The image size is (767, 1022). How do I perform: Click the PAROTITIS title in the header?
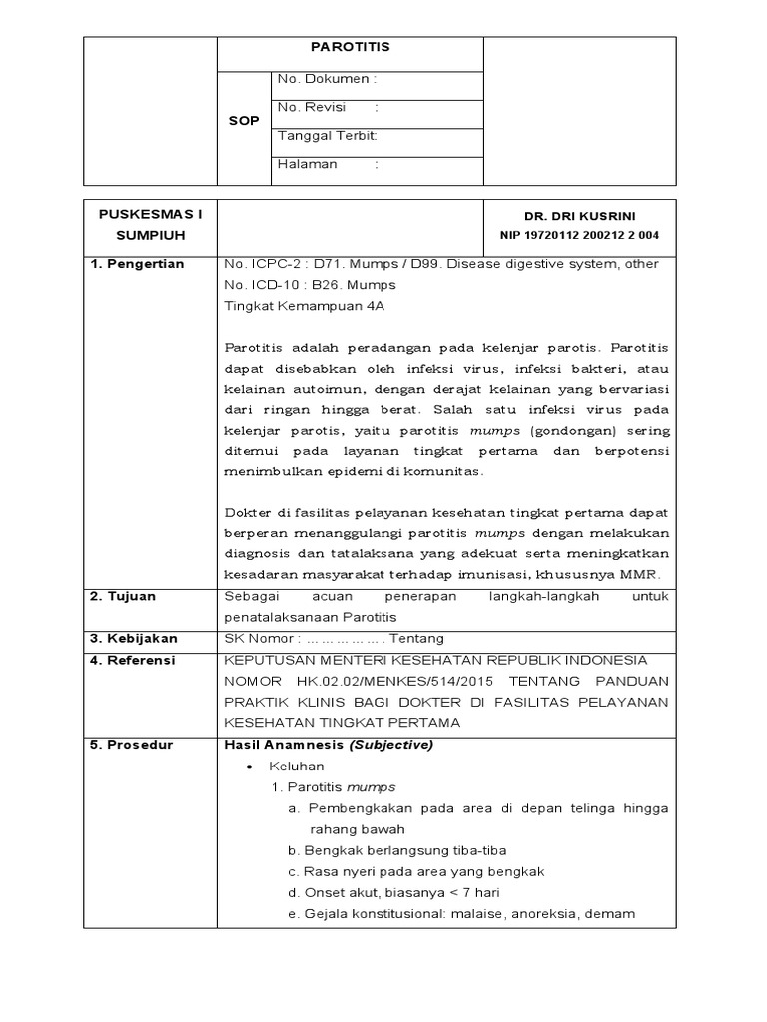(x=350, y=47)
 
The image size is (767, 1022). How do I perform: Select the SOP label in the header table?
(x=245, y=121)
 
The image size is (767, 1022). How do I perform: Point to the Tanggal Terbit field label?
(x=327, y=135)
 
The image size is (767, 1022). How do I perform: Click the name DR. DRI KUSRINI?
(x=579, y=216)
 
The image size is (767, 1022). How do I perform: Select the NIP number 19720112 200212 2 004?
(x=579, y=235)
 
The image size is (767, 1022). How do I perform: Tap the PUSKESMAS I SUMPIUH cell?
(x=150, y=225)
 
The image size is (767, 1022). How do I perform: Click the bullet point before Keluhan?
(x=250, y=766)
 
